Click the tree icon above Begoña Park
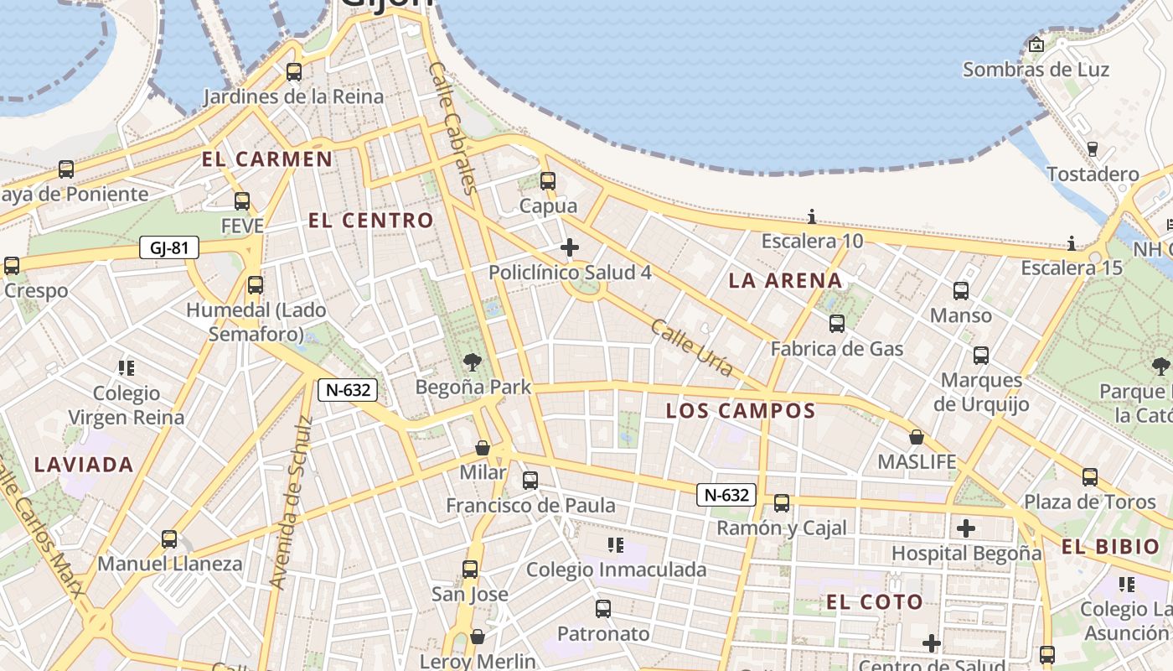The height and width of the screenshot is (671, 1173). point(473,362)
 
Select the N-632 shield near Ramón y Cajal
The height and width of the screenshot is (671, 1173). point(726,495)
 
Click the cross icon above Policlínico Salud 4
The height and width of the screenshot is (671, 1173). point(570,247)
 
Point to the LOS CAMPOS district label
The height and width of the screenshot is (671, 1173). point(740,411)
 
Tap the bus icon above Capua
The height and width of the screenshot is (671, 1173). point(548,180)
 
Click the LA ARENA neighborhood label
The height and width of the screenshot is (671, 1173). point(785,281)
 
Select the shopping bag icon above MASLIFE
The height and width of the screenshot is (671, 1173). point(917,437)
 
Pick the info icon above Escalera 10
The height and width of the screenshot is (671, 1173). point(811,216)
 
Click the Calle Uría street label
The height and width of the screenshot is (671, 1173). point(691,347)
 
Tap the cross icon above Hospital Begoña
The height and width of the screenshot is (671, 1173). point(966,528)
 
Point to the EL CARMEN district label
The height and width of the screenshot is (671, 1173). point(266,159)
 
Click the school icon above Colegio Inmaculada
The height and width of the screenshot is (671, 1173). point(616,545)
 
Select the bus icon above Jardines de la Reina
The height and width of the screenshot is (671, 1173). point(293,72)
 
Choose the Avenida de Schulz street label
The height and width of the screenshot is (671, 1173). point(291,502)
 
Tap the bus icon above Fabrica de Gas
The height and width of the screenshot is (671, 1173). point(836,324)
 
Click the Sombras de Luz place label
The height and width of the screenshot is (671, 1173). point(1036,70)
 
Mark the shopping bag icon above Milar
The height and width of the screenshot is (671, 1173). point(483,447)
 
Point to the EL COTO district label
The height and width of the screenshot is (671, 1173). point(874,602)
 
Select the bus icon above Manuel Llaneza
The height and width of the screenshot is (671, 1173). point(169,538)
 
